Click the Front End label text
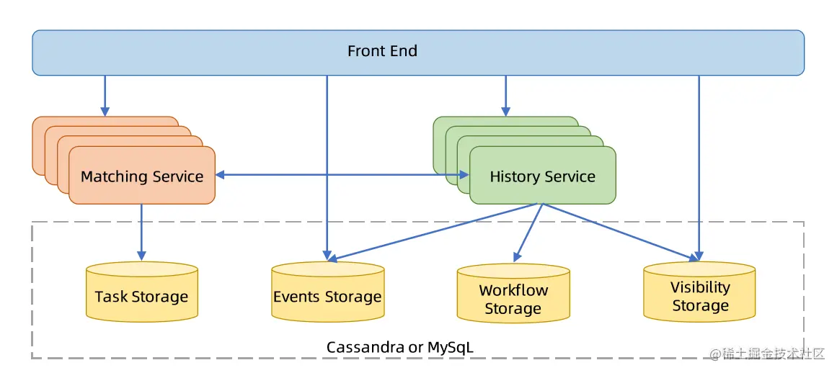pos(382,51)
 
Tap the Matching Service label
pos(142,176)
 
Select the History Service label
pos(542,176)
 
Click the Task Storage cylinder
pos(142,292)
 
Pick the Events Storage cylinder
pos(328,292)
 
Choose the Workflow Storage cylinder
pos(513,293)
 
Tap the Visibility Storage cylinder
pos(699,292)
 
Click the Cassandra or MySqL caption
pos(400,347)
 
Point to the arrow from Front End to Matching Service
pos(105,96)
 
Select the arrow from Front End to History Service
pos(505,96)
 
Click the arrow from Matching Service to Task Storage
pos(141,233)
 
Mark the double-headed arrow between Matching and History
pos(342,175)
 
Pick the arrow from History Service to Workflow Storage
pos(528,233)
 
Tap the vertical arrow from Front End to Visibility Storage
pos(699,168)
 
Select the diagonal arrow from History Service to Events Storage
pos(433,233)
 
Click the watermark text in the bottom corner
pos(767,353)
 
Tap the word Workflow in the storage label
pos(513,290)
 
